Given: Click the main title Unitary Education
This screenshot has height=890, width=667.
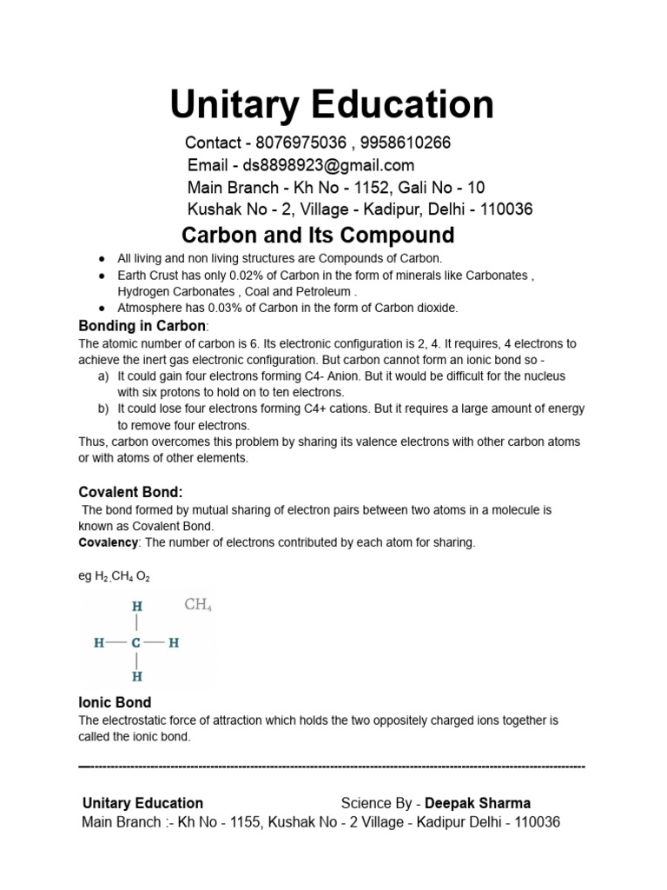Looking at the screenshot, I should (x=332, y=104).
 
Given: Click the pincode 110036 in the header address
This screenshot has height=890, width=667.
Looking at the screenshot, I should (x=505, y=209).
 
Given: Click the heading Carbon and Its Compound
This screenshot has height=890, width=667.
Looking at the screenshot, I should (x=317, y=236).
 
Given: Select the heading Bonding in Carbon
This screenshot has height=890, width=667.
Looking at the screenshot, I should (x=142, y=326).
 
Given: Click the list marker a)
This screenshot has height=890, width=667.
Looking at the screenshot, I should (x=103, y=376).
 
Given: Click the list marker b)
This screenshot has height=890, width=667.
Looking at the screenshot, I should (x=103, y=408).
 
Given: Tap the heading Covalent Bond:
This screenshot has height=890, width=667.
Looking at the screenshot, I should (x=131, y=492).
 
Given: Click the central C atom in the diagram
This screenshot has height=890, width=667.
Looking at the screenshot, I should (x=136, y=644).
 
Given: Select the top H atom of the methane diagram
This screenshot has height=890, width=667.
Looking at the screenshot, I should (x=136, y=606).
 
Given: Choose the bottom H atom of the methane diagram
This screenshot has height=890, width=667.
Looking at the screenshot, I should (x=136, y=675).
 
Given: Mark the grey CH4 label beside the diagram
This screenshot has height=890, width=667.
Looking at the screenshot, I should (x=198, y=605).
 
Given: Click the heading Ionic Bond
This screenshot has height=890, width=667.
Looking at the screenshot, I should (x=115, y=702).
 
